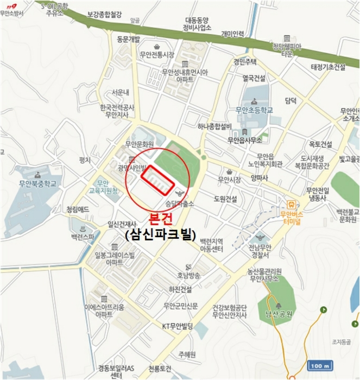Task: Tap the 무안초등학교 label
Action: tap(254, 111)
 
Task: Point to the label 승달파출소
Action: tap(180, 205)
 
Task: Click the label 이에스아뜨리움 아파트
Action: tap(104, 311)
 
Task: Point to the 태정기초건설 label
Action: tap(328, 67)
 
